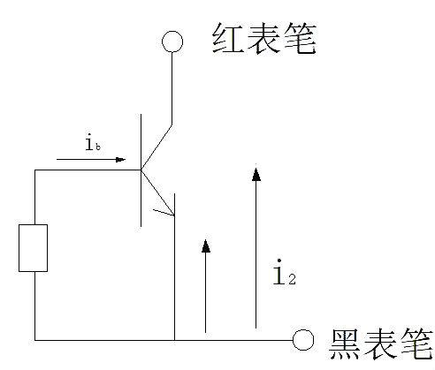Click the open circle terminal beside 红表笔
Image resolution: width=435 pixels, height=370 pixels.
coord(172,41)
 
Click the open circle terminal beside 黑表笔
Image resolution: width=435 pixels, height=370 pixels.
coord(303,339)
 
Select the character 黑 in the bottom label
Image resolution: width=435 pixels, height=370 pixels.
coord(345,344)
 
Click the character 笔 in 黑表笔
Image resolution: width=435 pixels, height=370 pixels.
coord(415,344)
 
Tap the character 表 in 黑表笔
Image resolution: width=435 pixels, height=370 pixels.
coord(380,344)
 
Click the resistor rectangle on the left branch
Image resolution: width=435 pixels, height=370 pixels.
coord(35,247)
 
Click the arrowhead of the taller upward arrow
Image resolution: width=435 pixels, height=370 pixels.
coord(256,173)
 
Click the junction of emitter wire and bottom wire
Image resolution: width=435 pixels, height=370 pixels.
coord(175,339)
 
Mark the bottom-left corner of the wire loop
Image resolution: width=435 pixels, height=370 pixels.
coord(35,339)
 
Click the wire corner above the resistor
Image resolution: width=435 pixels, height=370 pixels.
coord(35,170)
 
